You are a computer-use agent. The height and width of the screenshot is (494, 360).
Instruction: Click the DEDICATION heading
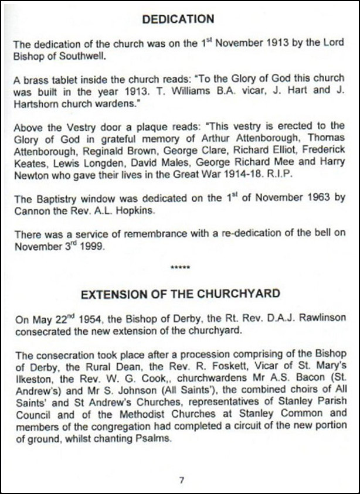179,19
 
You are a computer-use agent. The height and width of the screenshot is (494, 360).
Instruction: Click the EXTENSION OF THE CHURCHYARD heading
180,293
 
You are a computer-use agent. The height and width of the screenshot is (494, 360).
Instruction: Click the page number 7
182,480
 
